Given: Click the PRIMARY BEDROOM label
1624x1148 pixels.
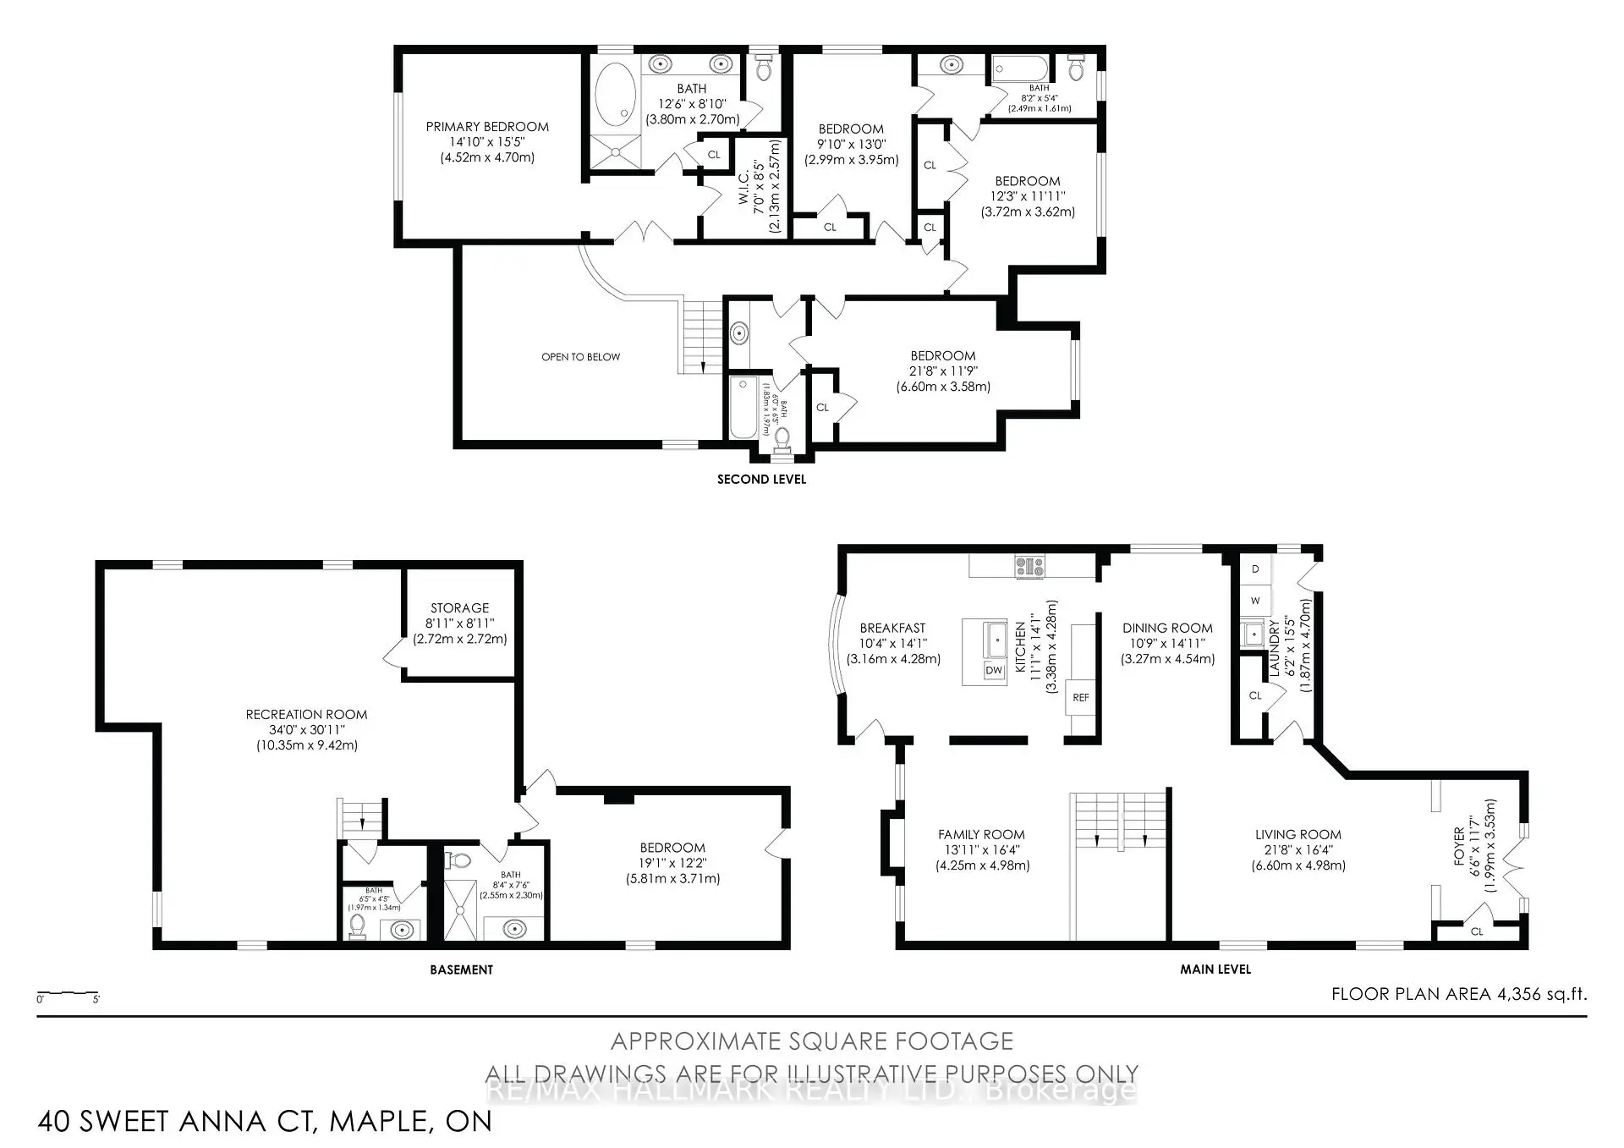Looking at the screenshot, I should pos(487,127).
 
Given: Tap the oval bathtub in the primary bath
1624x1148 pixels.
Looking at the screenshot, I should pos(615,94).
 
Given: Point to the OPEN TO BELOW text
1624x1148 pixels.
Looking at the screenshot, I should pos(580,357).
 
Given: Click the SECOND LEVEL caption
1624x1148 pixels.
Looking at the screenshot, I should pos(761,479).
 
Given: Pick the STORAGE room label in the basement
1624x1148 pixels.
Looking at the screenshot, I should pos(459,607).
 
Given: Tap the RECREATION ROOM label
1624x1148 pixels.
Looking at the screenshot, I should pos(306,715).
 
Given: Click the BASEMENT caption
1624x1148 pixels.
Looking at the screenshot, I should pos(461,969).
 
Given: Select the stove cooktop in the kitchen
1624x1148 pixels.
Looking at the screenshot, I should pos(1029,566).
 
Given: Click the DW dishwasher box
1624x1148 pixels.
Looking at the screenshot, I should pos(994,670).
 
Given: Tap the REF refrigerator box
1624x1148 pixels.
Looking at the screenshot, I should pos(1080,697).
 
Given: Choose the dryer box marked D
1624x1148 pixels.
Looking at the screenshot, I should pos(1255,569).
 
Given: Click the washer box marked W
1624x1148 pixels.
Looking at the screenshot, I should pos(1255,601).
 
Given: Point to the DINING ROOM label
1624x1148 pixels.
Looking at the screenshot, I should pos(1167,628).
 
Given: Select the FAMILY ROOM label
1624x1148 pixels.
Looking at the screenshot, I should pos(981,834).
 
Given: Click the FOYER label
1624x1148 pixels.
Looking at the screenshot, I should pos(1459,846).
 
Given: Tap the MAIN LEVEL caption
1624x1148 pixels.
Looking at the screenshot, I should pos(1215,969).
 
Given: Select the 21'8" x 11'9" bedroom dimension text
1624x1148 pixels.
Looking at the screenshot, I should pos(943,371).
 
